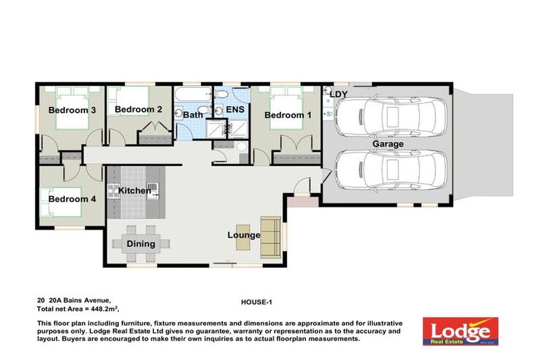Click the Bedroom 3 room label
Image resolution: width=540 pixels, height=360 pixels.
click(72, 110)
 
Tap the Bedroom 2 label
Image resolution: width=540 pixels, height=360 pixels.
click(139, 110)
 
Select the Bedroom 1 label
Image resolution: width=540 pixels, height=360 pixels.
click(288, 115)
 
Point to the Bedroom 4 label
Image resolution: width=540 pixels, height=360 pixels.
click(72, 199)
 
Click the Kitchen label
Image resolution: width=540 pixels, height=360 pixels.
click(134, 191)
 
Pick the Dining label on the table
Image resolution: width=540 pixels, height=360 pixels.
click(141, 244)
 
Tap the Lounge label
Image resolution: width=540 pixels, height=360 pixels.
click(244, 235)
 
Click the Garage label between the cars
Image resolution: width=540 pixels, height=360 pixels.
click(388, 144)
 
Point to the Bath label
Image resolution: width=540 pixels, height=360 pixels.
click(193, 115)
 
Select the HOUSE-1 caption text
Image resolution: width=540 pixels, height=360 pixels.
click(256, 302)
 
